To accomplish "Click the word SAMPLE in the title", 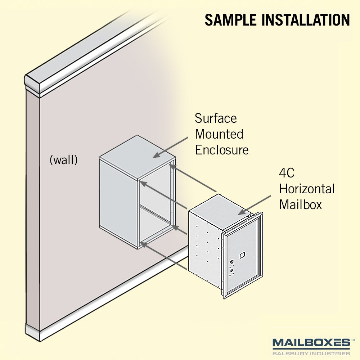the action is click(x=230, y=20).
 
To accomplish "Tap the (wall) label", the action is click(x=64, y=160).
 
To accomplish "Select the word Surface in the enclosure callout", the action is click(x=216, y=118).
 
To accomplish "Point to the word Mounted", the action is click(x=219, y=134).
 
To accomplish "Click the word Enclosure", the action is click(x=222, y=150).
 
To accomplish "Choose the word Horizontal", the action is click(x=307, y=189).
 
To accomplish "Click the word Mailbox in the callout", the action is click(x=301, y=204).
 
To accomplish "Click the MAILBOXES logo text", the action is click(x=311, y=343).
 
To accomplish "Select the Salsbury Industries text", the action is click(x=311, y=353).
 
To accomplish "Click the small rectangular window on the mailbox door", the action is click(x=242, y=255).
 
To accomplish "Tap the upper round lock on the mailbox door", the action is click(x=232, y=261).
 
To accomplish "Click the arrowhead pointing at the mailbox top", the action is click(x=242, y=212).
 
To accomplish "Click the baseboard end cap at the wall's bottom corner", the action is click(x=33, y=332).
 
